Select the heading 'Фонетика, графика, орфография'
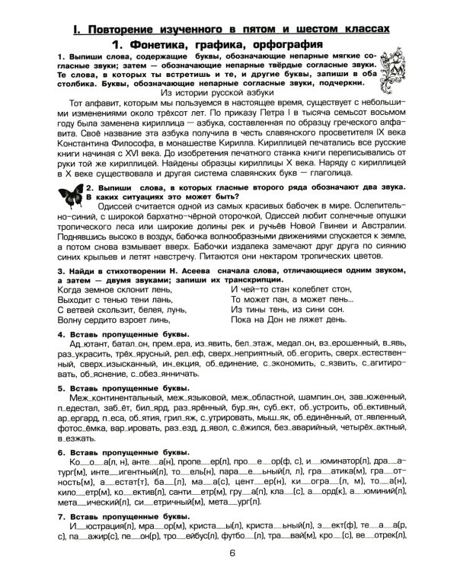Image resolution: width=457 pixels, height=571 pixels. pyautogui.click(x=228, y=44)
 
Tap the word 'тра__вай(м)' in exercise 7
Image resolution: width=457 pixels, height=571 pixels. pyautogui.click(x=286, y=557)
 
